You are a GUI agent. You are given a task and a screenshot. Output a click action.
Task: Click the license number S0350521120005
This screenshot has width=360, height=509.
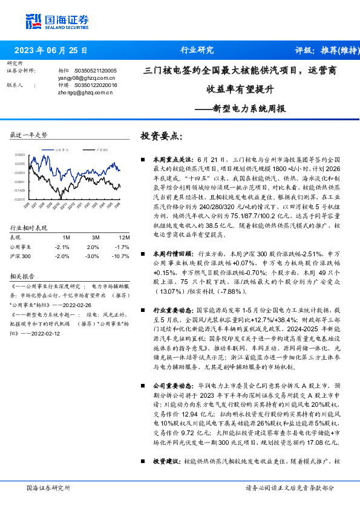pos(96,71)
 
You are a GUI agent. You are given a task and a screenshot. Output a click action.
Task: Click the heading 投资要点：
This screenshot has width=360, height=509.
pos(160,136)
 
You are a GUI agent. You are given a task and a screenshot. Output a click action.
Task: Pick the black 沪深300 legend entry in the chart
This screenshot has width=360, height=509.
pos(101,148)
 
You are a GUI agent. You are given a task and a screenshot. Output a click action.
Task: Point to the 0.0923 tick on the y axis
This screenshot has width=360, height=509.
pos(20,155)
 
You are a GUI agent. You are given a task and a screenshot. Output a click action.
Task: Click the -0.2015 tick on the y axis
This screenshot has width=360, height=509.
pos(20,199)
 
